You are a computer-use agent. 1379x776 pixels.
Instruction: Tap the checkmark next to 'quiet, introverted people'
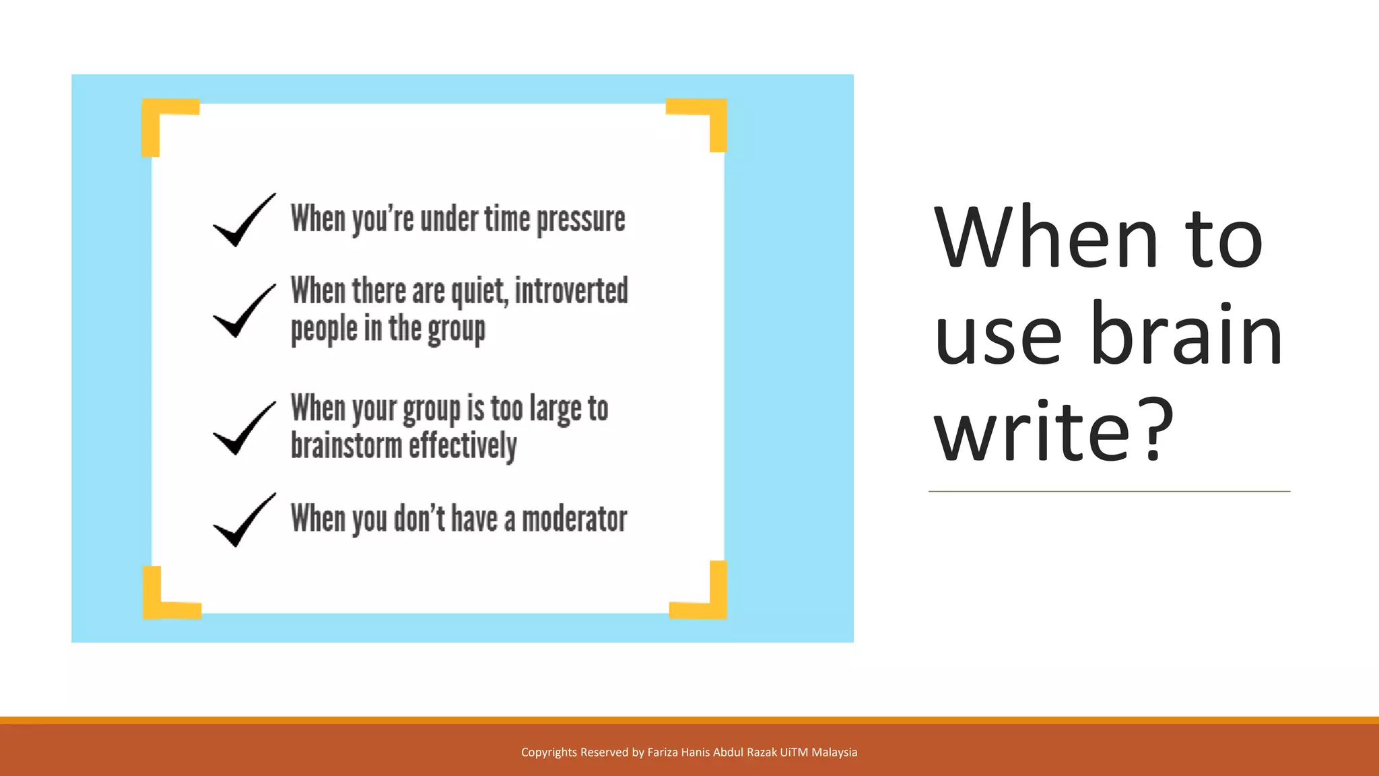242,311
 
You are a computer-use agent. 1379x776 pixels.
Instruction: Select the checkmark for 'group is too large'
242,428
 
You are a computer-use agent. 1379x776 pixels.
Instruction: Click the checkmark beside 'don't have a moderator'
242,520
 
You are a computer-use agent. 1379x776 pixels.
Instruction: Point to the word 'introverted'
571,291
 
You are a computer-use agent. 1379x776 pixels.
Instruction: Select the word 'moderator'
574,519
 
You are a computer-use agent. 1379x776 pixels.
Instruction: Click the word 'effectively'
463,446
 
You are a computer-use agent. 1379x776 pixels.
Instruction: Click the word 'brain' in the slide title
1186,334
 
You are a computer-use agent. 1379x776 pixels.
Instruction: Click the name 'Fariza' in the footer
663,752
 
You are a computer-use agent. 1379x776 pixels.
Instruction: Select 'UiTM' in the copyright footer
794,752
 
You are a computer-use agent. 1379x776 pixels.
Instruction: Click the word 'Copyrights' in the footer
549,752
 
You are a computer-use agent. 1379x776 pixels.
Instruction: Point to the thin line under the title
1109,492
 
